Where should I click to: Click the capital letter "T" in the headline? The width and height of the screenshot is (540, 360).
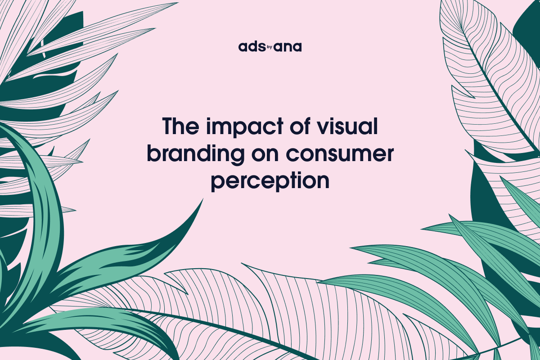(169, 126)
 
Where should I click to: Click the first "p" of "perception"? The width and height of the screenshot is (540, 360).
(218, 184)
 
